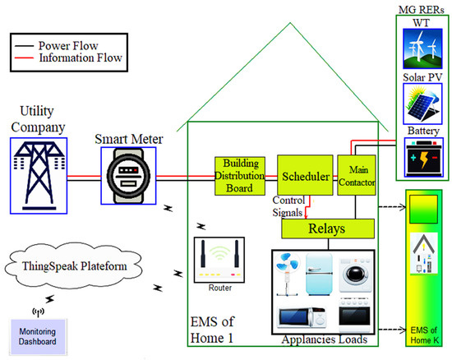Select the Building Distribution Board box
click(x=241, y=175)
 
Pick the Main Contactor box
click(x=356, y=176)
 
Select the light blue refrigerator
click(x=321, y=276)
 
